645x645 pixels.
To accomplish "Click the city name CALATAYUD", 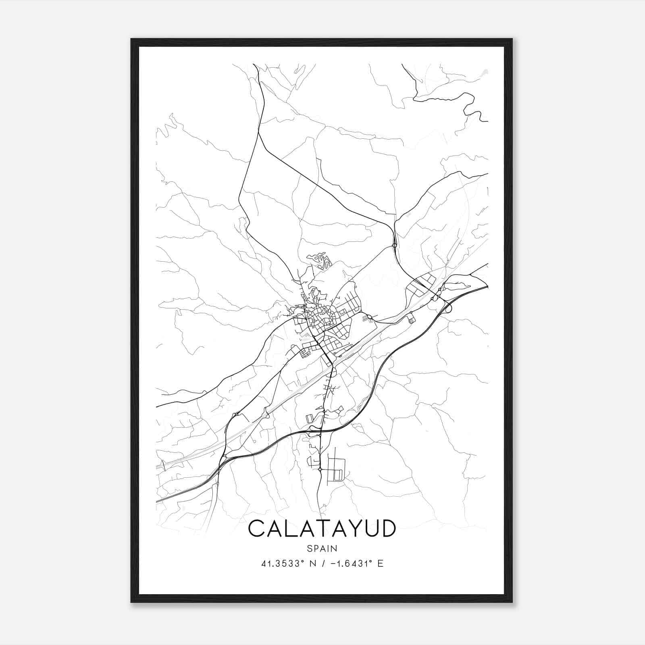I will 322,529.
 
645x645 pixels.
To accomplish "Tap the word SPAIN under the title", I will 322,548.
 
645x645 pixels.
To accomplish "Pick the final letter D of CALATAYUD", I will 387,529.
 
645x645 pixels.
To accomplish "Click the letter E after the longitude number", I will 380,564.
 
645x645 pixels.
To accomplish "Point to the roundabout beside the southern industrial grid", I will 319,470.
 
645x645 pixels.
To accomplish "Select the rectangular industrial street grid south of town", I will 335,468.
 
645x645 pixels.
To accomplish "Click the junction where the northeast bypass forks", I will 394,245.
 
